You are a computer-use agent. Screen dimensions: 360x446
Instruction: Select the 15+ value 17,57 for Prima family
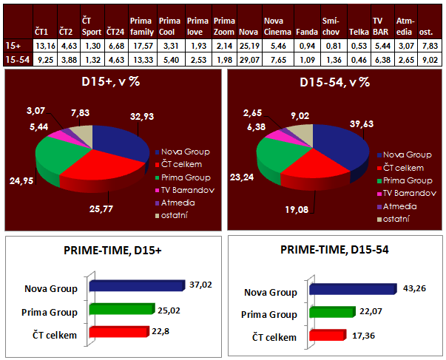click(141, 45)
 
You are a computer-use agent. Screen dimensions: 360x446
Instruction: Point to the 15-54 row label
click(15, 59)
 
